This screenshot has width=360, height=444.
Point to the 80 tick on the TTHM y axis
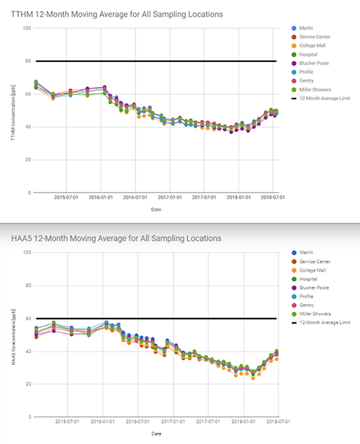pos(27,61)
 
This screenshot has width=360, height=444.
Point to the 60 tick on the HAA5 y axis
pos(27,319)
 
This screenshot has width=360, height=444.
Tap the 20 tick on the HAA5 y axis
pos(27,384)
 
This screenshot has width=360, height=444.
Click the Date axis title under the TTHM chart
pos(156,210)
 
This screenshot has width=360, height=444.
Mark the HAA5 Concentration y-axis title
pos(12,334)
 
